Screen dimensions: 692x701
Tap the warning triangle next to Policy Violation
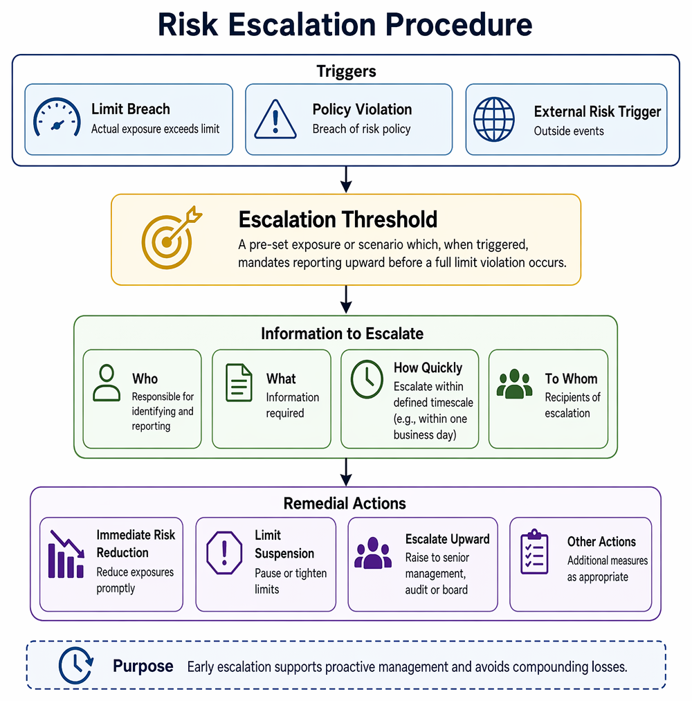(275, 119)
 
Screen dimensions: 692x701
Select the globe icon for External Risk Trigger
(494, 119)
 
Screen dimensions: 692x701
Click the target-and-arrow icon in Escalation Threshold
(171, 238)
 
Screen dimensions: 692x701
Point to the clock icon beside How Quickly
(367, 379)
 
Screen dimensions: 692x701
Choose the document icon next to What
(239, 383)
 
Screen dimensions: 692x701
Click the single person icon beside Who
(107, 383)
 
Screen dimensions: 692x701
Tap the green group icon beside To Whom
(515, 383)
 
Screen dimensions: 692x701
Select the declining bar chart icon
(66, 554)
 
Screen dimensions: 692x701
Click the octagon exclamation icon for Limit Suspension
(224, 553)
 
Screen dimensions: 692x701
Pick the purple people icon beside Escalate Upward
(373, 553)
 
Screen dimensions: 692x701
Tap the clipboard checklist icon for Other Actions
(534, 552)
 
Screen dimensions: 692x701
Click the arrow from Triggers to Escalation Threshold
(346, 179)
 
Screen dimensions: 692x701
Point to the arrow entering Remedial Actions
(346, 472)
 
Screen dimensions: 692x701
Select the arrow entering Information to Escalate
(346, 300)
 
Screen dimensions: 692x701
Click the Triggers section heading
(347, 71)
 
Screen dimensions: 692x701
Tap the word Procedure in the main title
(459, 24)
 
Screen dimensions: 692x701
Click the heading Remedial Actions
(345, 503)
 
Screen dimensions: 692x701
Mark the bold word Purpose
(143, 666)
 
